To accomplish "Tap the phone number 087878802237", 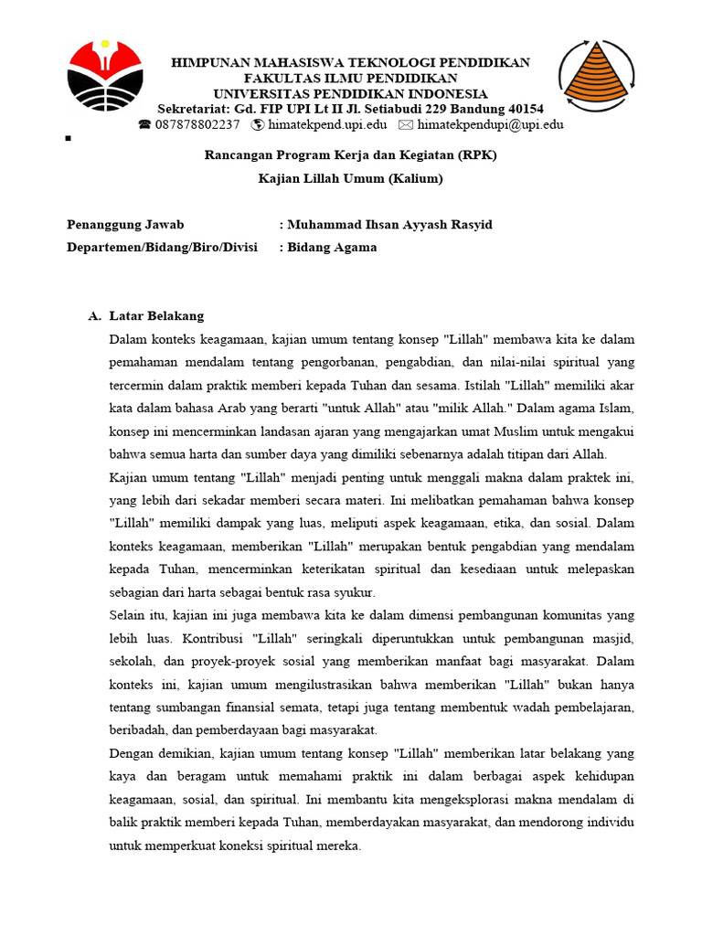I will tap(197, 124).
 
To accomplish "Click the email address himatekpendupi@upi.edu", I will tap(490, 124).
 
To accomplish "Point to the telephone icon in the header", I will tap(145, 124).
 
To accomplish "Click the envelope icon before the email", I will tap(406, 124).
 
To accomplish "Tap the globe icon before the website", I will tap(258, 124).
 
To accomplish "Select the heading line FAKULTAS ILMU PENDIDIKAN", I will tap(351, 79).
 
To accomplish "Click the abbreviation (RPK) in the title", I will tap(478, 155).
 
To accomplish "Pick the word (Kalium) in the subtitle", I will tap(415, 178).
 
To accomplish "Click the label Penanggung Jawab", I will tap(125, 225).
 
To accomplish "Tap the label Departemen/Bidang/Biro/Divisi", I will tap(162, 247).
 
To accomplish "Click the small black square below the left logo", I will tap(69, 139).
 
